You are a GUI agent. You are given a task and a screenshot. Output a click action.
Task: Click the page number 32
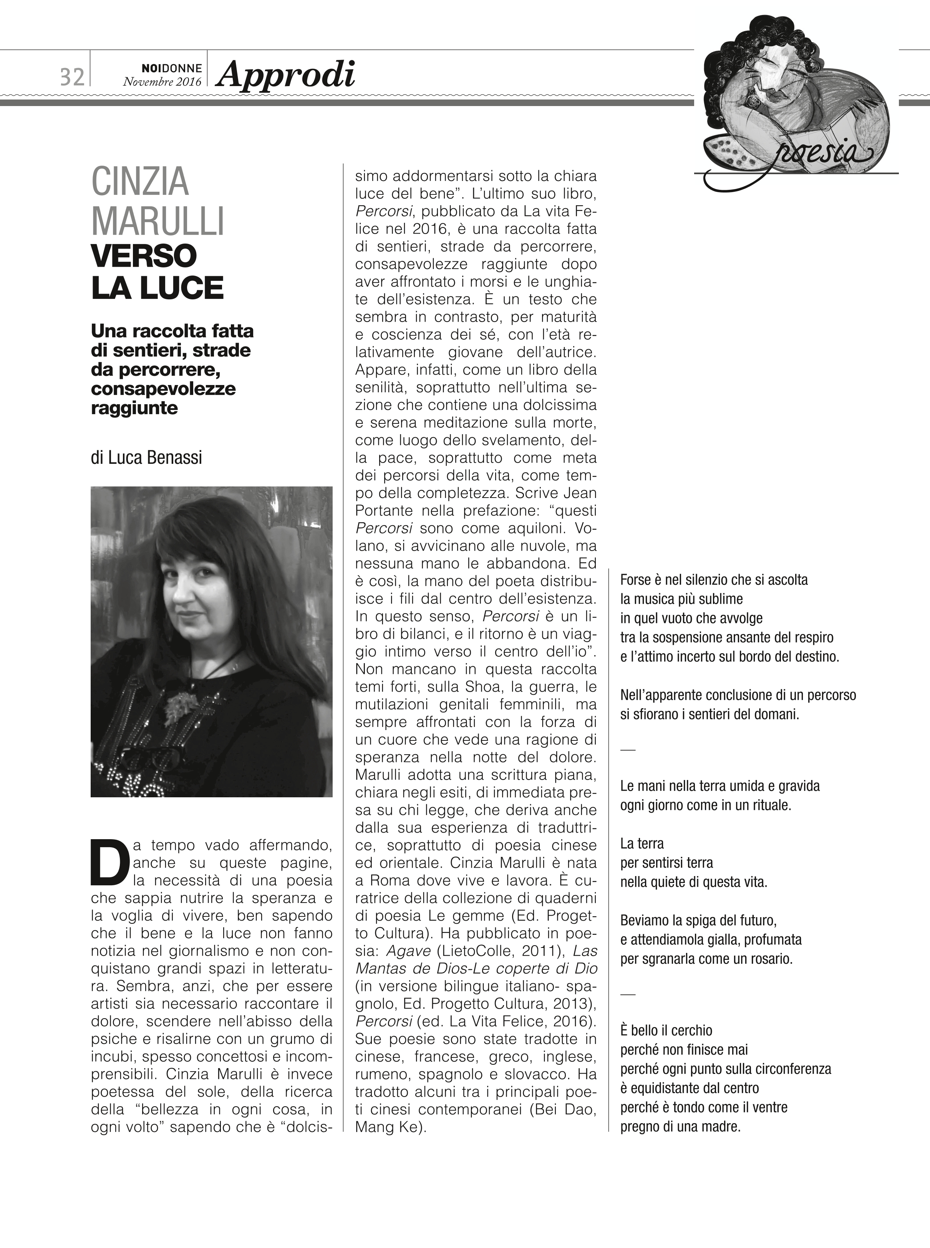point(72,76)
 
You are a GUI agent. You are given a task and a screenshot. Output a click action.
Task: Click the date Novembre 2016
point(162,82)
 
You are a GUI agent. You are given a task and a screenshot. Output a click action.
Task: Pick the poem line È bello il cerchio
point(666,1031)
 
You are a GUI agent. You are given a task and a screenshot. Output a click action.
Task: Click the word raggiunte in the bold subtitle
point(134,408)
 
